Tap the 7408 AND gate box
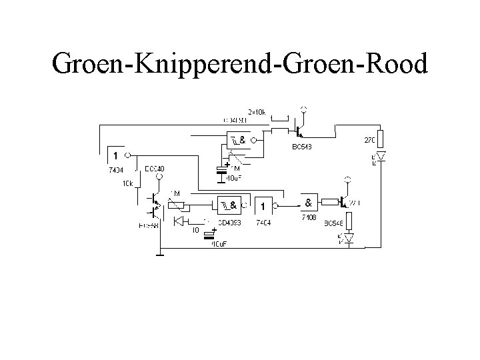[310, 202]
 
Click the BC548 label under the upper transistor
[301, 147]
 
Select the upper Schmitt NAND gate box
[236, 141]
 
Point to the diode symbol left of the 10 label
[178, 221]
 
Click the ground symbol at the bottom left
[160, 253]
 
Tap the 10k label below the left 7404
[127, 183]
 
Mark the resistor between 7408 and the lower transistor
[328, 201]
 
